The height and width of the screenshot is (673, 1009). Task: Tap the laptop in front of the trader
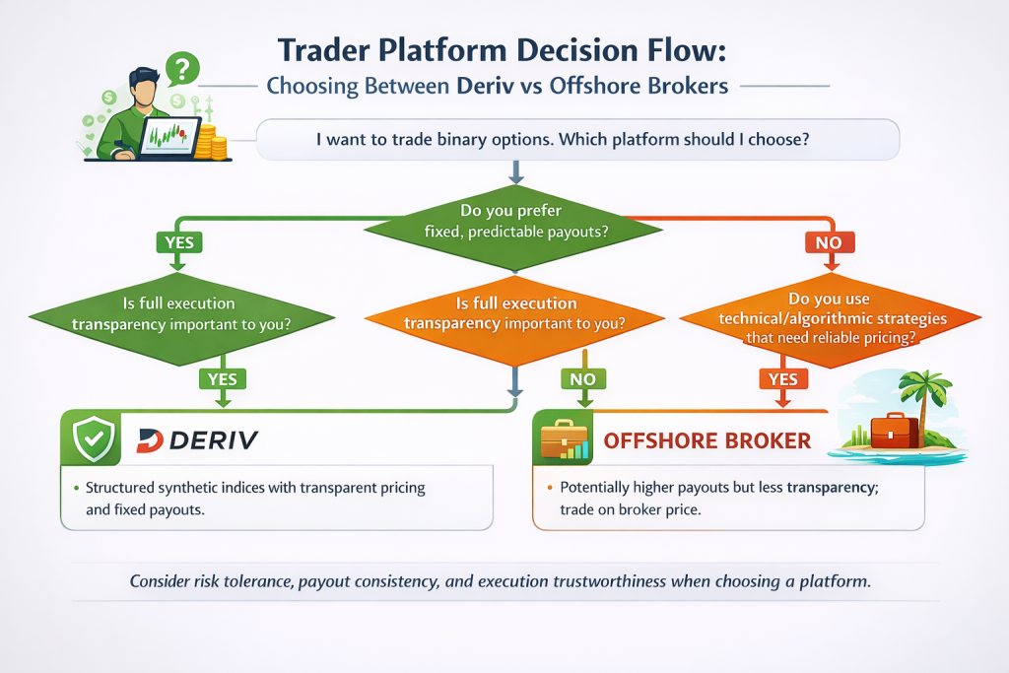coord(168,136)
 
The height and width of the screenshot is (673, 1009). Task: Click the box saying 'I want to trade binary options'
coord(577,140)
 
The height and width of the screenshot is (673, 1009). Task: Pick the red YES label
coord(782,378)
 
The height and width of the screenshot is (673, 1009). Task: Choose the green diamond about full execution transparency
coord(179,314)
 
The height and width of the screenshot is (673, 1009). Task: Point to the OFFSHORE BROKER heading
coord(707,440)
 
